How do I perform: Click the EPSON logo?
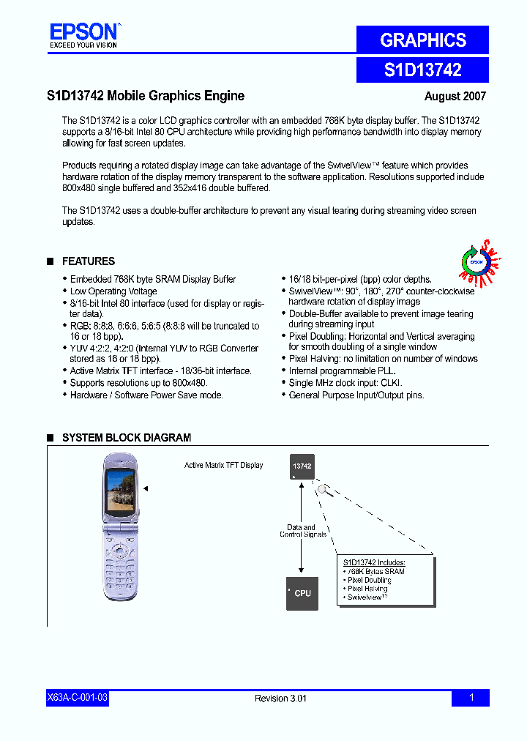83,32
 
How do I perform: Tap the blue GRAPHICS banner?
422,40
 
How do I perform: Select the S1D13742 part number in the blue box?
422,70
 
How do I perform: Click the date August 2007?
455,96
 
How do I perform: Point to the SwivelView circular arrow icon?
475,261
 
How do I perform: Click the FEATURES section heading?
88,261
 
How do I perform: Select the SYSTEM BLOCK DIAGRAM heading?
126,438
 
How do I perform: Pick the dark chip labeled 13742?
302,466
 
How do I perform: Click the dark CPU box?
302,593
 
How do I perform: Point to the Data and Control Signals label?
302,531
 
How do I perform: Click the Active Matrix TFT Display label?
223,466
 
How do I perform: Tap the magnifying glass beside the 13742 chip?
325,491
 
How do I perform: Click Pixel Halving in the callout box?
367,589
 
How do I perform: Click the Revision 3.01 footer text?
280,699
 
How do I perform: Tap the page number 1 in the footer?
471,698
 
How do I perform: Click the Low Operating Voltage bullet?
113,291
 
